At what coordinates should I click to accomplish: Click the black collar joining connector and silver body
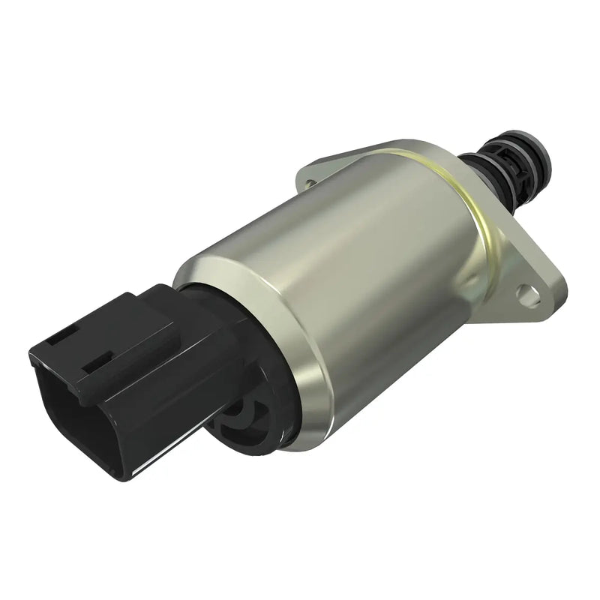(x=225, y=307)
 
